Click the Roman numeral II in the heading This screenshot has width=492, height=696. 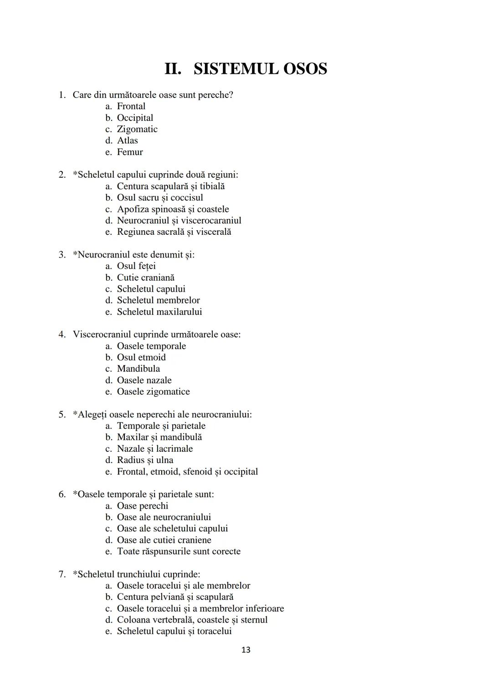coord(173,69)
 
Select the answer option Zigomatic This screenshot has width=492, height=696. coord(137,129)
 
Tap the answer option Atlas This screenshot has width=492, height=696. coord(127,141)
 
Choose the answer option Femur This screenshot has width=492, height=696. coord(130,152)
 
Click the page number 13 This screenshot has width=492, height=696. coord(246,650)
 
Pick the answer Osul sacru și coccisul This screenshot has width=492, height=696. coord(160,198)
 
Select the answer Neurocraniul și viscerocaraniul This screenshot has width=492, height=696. coord(179,221)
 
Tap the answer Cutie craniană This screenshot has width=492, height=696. coord(145,278)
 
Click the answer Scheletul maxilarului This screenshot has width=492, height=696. coord(159,312)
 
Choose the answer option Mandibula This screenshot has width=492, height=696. coord(138,369)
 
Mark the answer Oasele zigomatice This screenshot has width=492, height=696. coord(153,392)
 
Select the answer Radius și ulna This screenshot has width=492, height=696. coord(145,460)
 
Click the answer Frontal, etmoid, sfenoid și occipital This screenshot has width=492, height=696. coord(187,472)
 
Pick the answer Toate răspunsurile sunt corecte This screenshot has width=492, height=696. coord(179,552)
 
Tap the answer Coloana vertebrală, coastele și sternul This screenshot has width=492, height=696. coord(192,620)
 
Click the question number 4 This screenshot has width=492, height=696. coord(61,335)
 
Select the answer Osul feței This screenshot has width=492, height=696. coord(136,266)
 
